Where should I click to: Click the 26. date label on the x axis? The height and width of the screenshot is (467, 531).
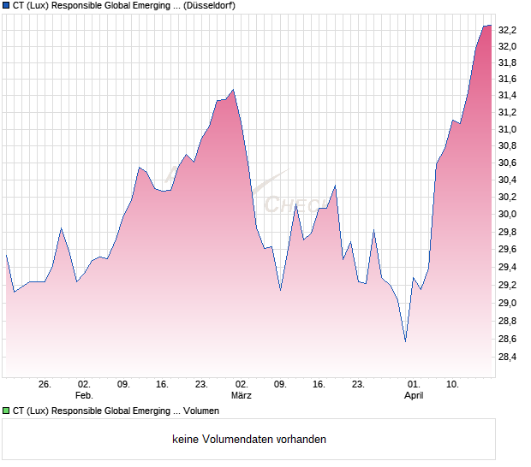pos(45,385)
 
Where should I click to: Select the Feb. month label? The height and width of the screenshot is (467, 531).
pos(83,396)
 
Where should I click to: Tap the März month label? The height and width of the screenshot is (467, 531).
pos(242,396)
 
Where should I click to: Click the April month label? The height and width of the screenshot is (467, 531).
pos(414,396)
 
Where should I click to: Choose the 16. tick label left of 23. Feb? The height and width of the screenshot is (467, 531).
pos(163,385)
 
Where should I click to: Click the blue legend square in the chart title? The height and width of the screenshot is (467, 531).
pos(6,6)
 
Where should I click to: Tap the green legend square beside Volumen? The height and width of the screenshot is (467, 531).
pos(6,411)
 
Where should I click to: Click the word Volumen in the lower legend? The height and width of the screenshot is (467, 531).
pos(202,411)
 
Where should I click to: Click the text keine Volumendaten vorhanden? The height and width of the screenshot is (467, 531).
pos(249,440)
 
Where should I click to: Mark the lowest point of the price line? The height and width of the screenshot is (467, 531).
pos(405,341)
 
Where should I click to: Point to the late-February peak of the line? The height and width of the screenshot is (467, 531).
pos(233,89)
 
